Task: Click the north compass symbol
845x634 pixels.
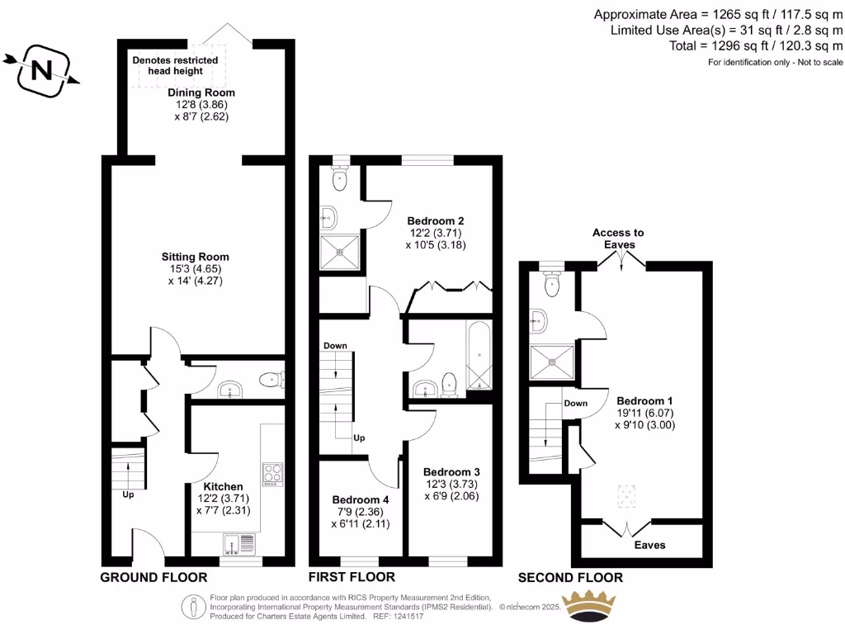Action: coord(40,69)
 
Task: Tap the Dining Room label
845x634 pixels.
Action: coord(201,92)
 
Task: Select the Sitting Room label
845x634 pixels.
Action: coord(195,257)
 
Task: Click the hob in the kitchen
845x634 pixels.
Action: coord(272,472)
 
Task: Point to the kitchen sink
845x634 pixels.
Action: coord(241,543)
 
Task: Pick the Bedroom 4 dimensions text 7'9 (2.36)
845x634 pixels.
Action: coord(361,512)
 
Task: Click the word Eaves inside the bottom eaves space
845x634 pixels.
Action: coord(649,545)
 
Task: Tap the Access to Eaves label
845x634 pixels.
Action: coord(618,239)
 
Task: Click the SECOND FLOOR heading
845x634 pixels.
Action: coord(570,577)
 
